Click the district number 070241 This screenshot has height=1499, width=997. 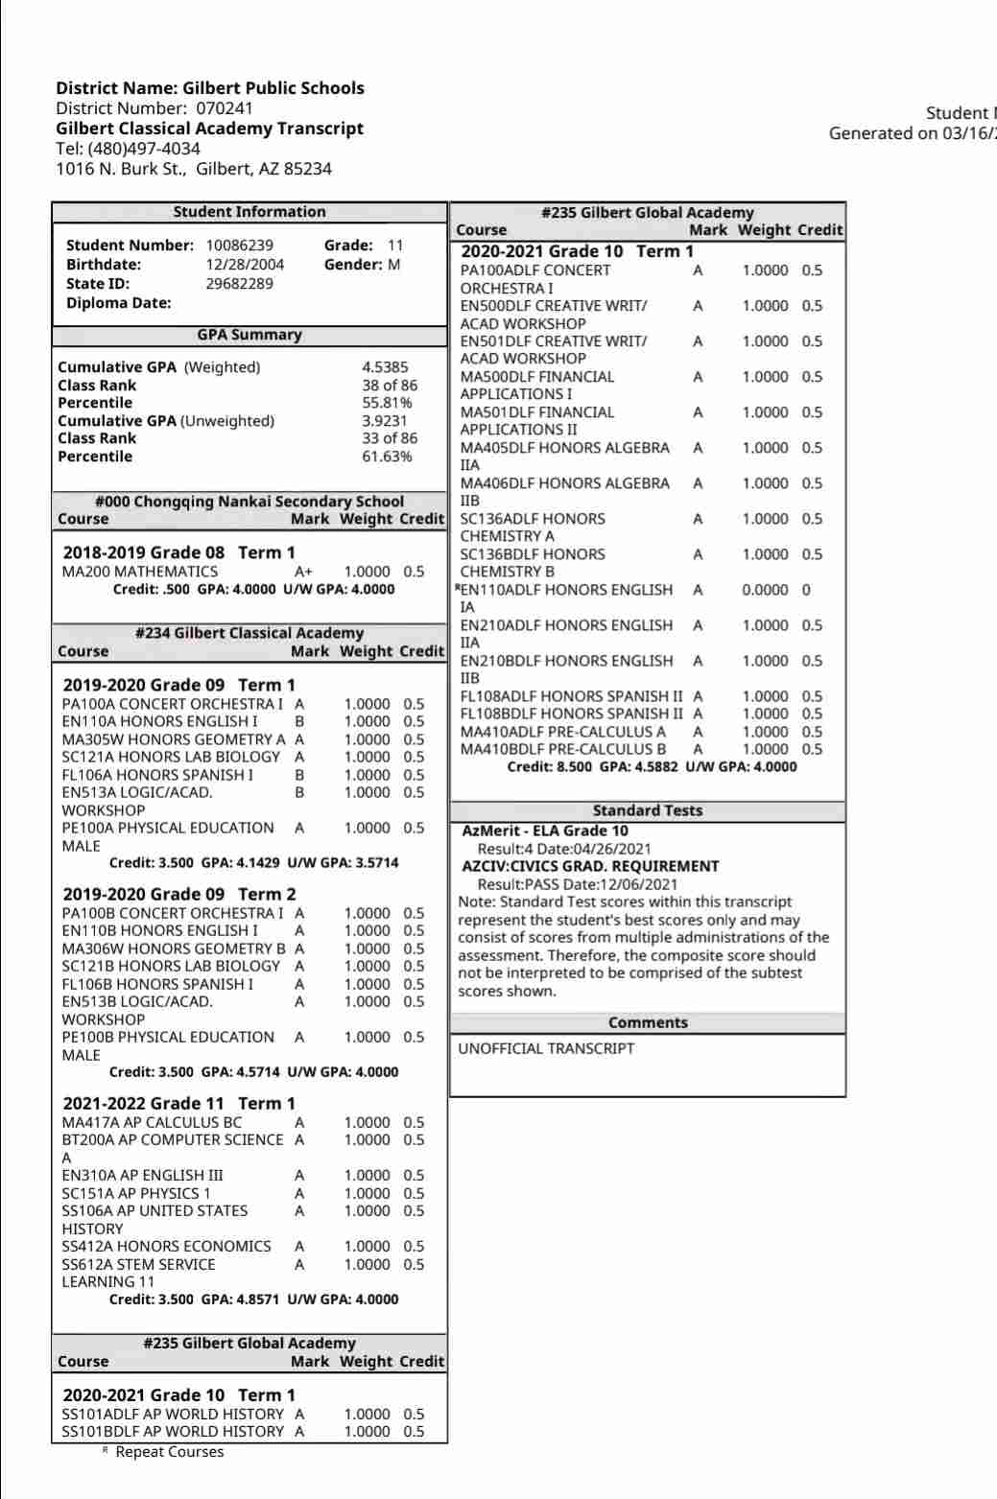click(225, 108)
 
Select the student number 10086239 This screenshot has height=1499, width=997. click(239, 246)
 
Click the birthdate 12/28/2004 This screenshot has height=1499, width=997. click(245, 265)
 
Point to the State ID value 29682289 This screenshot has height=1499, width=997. click(239, 284)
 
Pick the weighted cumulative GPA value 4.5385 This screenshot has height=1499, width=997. click(385, 367)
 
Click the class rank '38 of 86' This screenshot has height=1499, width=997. click(390, 386)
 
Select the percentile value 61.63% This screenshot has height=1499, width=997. click(387, 457)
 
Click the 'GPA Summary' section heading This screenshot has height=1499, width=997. click(249, 335)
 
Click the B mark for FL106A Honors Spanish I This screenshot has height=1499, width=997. click(299, 775)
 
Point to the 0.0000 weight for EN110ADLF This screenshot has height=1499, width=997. click(765, 590)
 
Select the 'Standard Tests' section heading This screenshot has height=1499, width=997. click(648, 810)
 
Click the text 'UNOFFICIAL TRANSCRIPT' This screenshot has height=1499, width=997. click(546, 1048)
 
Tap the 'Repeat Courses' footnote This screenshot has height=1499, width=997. click(169, 1452)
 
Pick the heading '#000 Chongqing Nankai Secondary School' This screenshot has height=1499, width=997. click(249, 502)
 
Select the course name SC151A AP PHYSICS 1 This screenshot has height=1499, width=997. click(136, 1193)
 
